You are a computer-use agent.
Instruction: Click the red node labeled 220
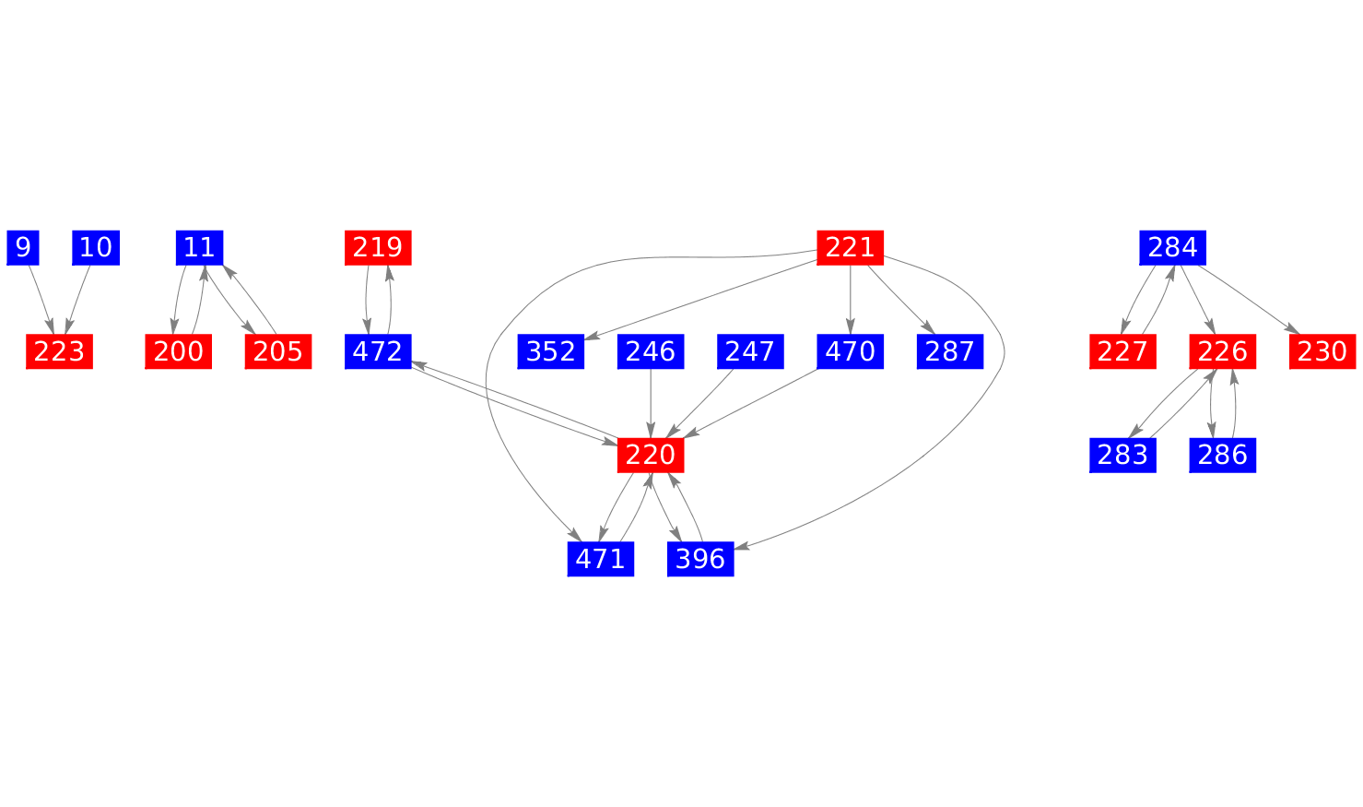coord(651,455)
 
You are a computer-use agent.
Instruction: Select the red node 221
coord(850,247)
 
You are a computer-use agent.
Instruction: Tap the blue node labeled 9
coord(23,247)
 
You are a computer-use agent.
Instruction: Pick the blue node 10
coord(96,247)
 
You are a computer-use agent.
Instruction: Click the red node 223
coord(59,351)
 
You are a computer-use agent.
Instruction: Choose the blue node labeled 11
coord(199,247)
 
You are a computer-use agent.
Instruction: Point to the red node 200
coord(179,351)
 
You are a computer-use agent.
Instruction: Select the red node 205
coord(277,351)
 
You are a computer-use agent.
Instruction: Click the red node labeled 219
coord(378,247)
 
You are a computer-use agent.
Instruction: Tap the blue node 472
coord(378,351)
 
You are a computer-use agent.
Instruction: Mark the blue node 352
coord(551,351)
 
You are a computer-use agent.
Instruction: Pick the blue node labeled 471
coord(601,559)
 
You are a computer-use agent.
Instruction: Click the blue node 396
coord(700,559)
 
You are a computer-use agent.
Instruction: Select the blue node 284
coord(1173,247)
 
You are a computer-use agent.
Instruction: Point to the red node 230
coord(1322,351)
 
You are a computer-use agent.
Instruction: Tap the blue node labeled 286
coord(1223,455)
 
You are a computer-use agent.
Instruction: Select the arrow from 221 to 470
coord(850,299)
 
